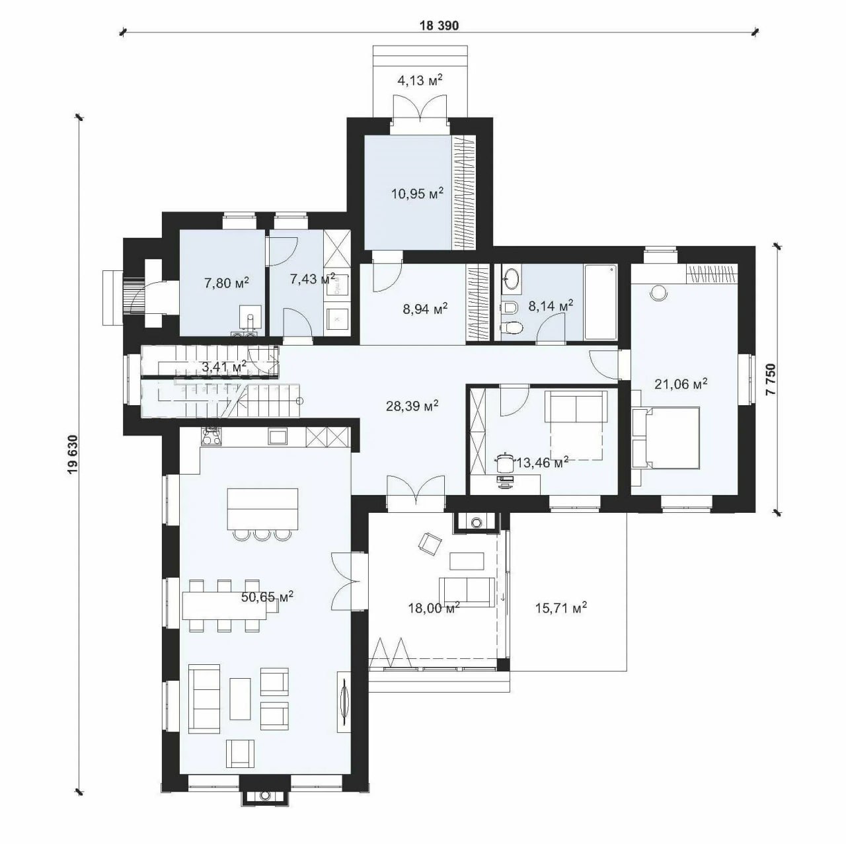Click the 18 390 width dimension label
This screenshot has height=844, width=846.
point(439,26)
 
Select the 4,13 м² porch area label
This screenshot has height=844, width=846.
point(419,81)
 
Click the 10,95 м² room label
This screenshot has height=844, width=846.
point(417,194)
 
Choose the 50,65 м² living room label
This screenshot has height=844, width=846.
point(268,597)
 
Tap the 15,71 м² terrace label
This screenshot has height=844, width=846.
point(561,608)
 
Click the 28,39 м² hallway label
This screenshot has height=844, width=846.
point(412,406)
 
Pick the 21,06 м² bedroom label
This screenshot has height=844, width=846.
point(681,385)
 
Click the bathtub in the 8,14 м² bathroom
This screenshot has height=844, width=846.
point(601,301)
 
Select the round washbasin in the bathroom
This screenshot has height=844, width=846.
point(511,279)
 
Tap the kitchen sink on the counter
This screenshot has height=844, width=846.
point(278,436)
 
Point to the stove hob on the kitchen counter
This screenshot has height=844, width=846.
point(211,435)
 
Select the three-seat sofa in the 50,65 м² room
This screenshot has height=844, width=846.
point(205,698)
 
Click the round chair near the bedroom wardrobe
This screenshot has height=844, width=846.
point(658,293)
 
